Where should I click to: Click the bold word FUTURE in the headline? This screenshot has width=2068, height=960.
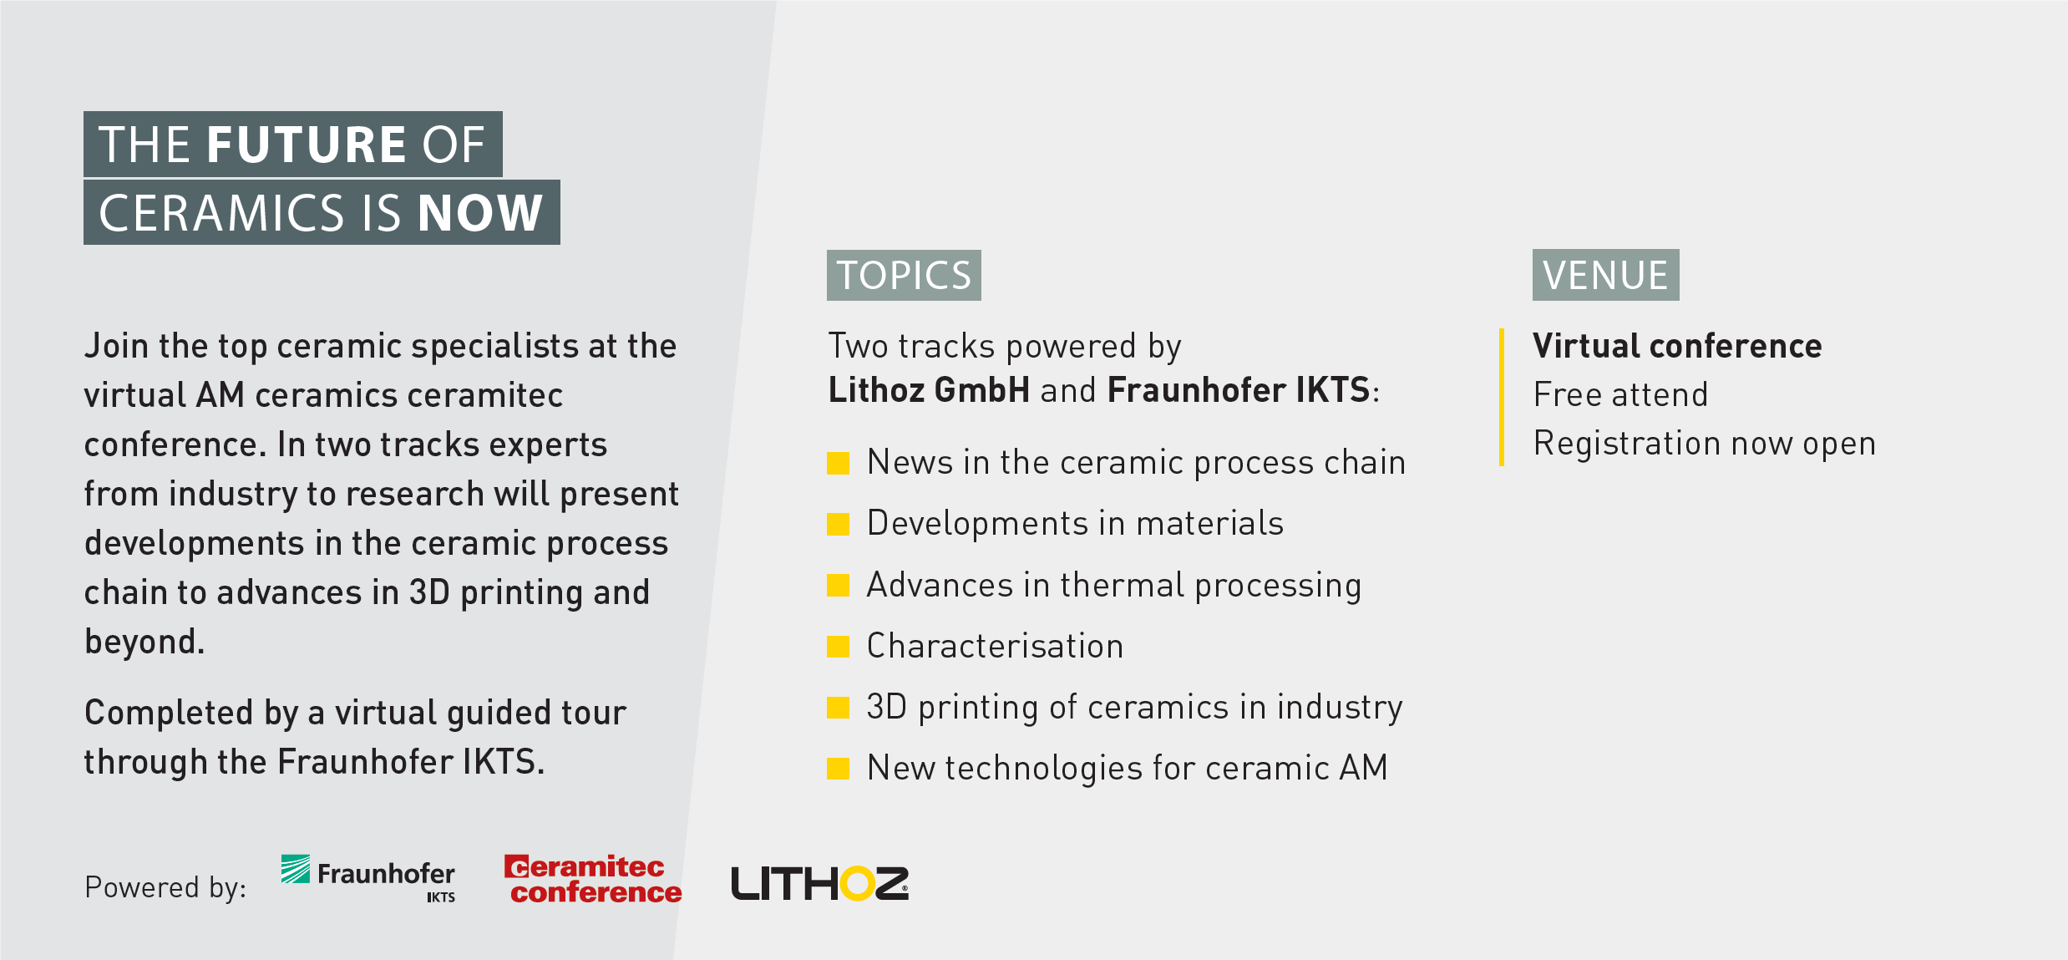click(307, 145)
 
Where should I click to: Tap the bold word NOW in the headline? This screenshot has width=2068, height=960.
click(480, 213)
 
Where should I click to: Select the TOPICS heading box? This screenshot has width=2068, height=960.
click(904, 275)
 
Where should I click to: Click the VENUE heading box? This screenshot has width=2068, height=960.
click(1605, 275)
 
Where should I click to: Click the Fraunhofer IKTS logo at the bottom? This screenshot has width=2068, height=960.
click(368, 878)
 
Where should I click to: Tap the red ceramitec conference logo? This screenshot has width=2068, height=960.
click(593, 879)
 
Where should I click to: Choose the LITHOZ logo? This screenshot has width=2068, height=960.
click(819, 883)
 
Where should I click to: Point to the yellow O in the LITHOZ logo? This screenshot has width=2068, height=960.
click(856, 883)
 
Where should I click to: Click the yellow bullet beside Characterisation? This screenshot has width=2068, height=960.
click(838, 647)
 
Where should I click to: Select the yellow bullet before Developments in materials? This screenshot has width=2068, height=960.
click(838, 524)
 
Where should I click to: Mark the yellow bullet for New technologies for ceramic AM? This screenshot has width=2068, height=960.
click(838, 769)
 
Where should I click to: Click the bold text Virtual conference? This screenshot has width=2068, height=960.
click(1677, 346)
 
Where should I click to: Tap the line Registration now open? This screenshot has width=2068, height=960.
click(1705, 444)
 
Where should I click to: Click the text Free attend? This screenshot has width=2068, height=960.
click(1621, 394)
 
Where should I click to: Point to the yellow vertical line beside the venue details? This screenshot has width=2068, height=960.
click(1502, 397)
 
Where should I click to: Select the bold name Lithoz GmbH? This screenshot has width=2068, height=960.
click(929, 390)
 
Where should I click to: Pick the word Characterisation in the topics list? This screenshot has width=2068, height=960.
click(996, 646)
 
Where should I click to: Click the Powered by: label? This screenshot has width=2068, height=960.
click(165, 887)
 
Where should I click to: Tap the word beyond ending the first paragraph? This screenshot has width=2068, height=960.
click(144, 642)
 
